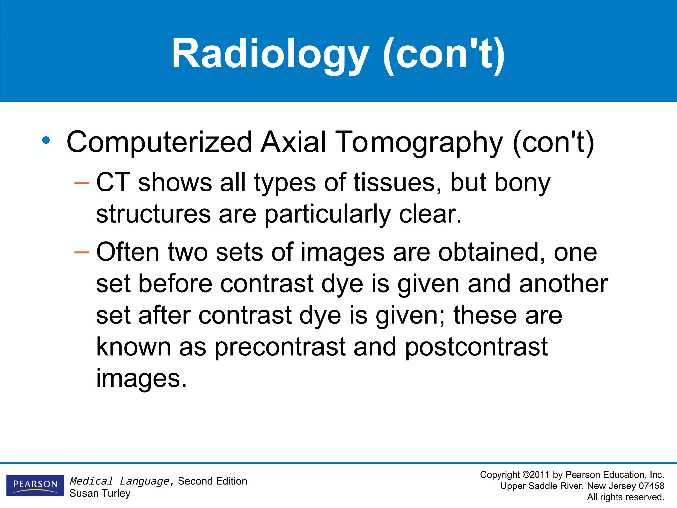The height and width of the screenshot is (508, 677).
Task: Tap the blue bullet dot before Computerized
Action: pos(46,140)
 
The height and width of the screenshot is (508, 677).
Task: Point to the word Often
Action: pos(128,252)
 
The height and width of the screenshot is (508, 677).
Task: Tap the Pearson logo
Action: pos(35,485)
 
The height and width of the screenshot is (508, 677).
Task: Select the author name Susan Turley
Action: pos(100,493)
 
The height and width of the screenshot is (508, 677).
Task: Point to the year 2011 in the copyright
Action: pos(539,475)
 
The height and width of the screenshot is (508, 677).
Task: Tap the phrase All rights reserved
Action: pos(625,497)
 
